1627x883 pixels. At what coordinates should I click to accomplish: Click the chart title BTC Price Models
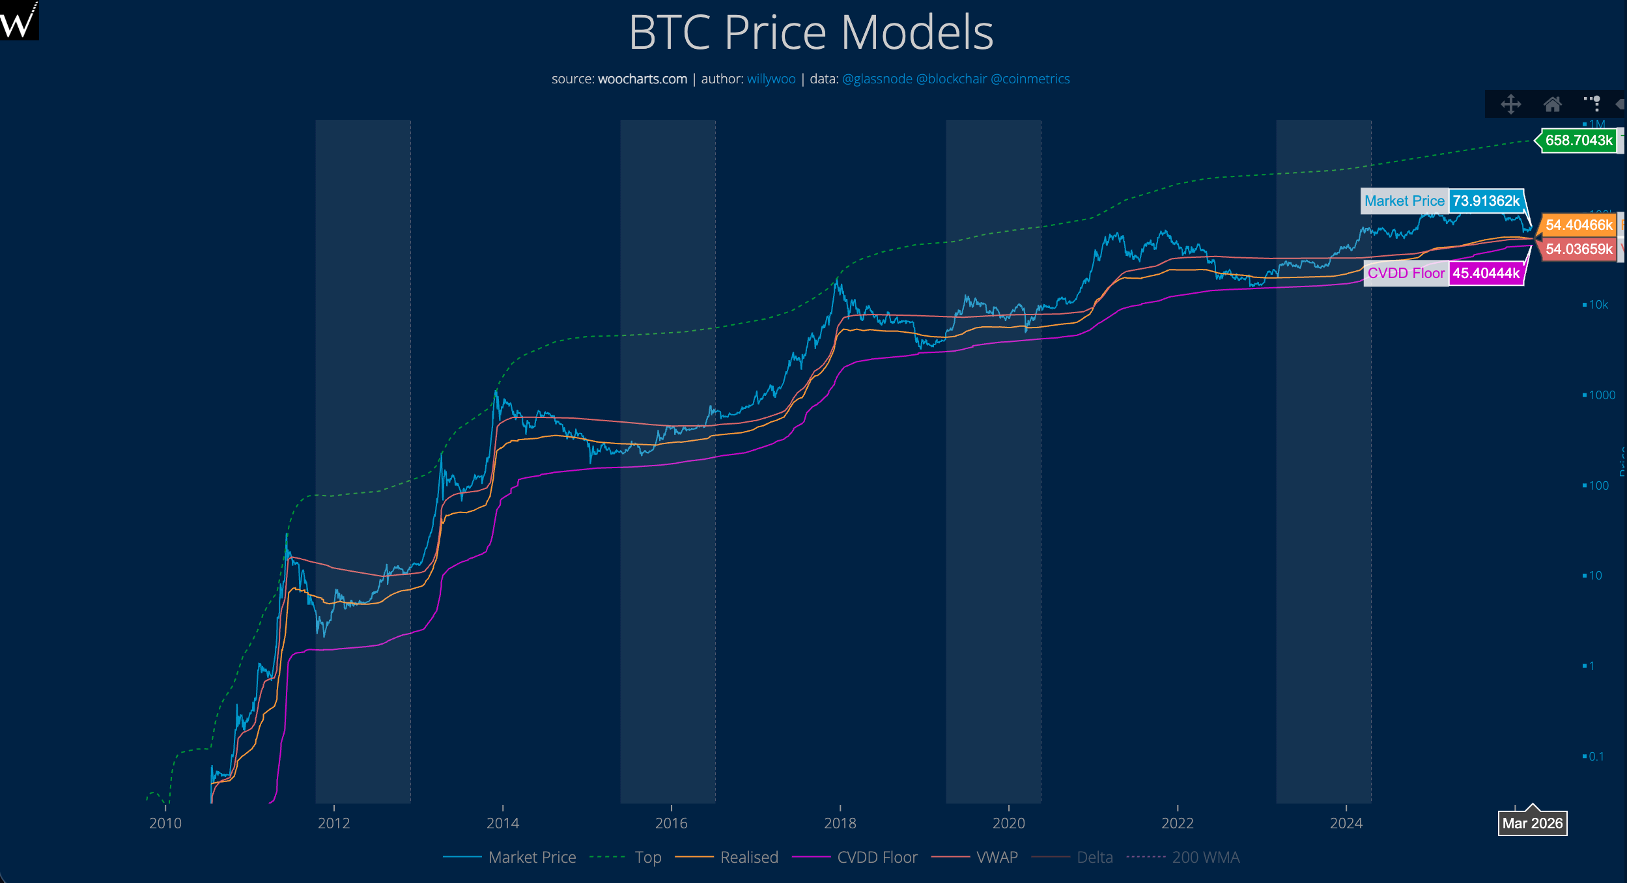811,32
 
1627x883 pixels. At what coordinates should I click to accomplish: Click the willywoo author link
771,79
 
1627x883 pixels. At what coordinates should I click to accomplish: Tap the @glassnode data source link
877,79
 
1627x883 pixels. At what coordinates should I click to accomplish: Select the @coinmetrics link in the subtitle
1030,79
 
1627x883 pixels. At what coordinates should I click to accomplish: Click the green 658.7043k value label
1578,140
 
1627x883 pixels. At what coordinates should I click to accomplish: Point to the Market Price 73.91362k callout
1442,201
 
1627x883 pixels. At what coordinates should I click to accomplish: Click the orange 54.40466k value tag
1578,225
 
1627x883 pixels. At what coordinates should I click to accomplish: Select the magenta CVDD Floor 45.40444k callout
1443,273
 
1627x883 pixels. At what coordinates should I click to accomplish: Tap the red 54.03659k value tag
1578,249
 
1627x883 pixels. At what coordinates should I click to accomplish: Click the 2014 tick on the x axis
503,823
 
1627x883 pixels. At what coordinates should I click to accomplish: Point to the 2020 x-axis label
1008,823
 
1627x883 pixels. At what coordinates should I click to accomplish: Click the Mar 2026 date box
1532,823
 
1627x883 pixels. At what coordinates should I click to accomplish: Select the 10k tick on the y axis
1598,305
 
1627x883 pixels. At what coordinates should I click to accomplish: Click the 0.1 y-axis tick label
1596,757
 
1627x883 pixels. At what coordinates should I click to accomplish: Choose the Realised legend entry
748,857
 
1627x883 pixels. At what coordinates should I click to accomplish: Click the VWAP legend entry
997,857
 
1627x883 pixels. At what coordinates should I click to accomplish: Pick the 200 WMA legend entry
1205,857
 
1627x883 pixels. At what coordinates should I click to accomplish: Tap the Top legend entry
647,857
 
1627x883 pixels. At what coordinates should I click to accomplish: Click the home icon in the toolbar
1552,104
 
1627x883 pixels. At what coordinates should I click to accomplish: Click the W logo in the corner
19,20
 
